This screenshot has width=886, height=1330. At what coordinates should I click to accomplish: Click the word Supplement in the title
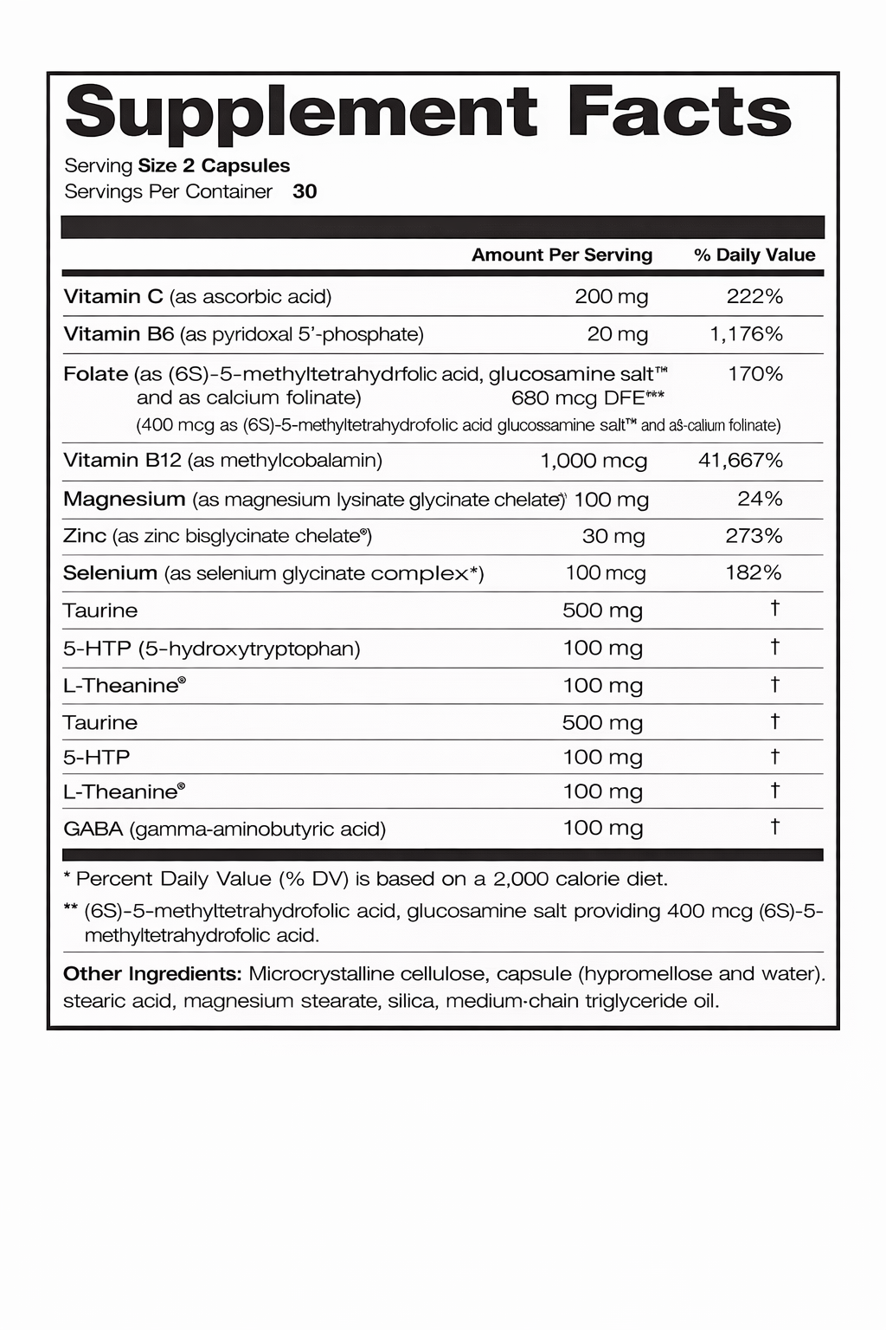[x=301, y=113]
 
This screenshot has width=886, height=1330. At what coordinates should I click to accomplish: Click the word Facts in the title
[x=680, y=112]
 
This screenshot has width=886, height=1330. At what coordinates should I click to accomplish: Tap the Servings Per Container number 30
[x=305, y=191]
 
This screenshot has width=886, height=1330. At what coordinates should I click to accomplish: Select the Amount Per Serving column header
[x=562, y=255]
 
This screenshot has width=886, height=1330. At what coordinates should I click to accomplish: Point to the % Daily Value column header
[x=754, y=255]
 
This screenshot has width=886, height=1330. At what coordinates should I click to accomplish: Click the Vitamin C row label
[x=113, y=297]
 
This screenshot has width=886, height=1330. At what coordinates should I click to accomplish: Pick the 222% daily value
[x=754, y=297]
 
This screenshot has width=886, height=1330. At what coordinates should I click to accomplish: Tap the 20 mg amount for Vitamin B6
[x=617, y=334]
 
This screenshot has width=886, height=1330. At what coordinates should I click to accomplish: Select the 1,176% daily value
[x=746, y=334]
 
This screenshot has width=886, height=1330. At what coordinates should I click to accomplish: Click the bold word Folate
[x=96, y=374]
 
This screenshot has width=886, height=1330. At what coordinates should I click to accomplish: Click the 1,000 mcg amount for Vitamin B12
[x=594, y=461]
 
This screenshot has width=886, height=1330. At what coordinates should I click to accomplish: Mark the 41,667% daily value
[x=740, y=461]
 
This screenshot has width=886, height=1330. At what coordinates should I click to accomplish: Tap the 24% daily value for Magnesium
[x=760, y=499]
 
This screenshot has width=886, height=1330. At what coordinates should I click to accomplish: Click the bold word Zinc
[x=85, y=536]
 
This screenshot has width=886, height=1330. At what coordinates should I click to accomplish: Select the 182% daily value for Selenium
[x=754, y=572]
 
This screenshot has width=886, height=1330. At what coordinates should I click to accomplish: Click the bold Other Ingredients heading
[x=152, y=973]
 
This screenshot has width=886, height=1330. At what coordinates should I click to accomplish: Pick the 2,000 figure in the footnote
[x=521, y=879]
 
